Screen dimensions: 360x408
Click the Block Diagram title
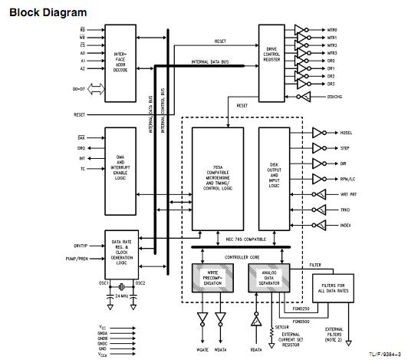tap(48, 12)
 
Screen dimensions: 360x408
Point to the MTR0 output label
tap(332, 30)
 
